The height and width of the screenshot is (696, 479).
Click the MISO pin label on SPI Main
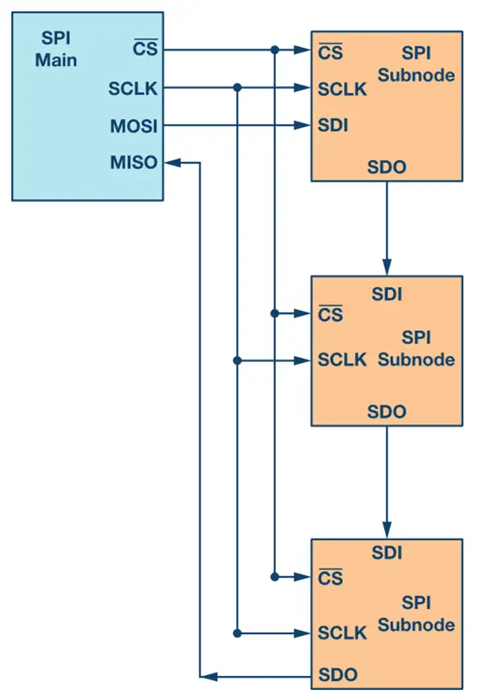(135, 161)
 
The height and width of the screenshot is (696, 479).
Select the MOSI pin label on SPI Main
(134, 126)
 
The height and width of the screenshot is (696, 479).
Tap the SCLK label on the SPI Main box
(133, 89)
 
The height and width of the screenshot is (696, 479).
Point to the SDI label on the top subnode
(333, 126)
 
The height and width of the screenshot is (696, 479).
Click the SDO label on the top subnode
(386, 167)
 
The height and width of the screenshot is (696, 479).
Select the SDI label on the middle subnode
(386, 294)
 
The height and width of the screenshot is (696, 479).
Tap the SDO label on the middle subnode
(386, 411)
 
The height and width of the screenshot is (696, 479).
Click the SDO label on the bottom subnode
(338, 675)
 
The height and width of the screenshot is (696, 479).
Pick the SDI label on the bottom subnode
(386, 553)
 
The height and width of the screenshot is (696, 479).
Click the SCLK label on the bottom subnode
(342, 633)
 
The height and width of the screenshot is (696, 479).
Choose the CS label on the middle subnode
(330, 315)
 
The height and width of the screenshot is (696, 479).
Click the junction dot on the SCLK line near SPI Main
(237, 87)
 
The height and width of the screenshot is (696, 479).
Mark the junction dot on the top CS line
(275, 50)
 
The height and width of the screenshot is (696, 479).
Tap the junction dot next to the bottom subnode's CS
(275, 576)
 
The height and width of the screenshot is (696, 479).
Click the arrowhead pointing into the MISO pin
(173, 161)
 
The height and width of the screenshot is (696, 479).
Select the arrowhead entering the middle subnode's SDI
(386, 268)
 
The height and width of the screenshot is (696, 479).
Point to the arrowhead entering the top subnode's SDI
(304, 125)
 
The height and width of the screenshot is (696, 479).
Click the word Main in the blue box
(56, 60)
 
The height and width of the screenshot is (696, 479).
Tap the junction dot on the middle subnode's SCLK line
(237, 360)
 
